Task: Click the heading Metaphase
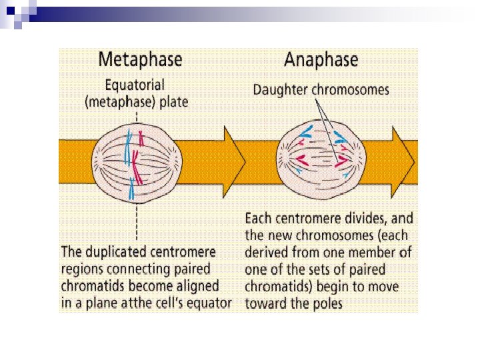140,59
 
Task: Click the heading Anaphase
321,59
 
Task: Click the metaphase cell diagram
137,163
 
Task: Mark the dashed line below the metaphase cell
137,220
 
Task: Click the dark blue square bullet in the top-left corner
10,9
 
